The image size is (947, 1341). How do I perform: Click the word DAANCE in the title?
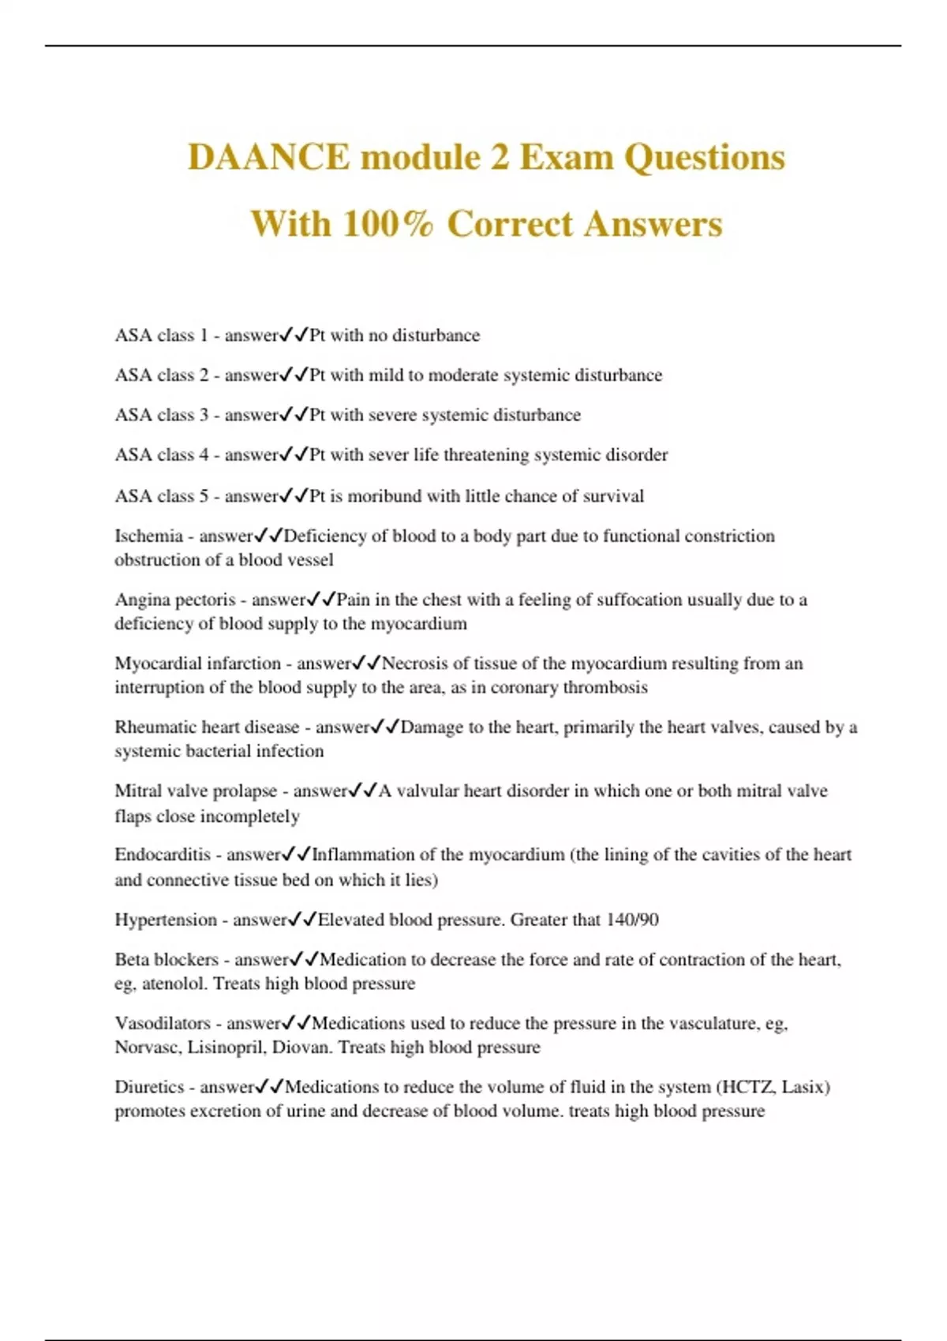[x=269, y=157]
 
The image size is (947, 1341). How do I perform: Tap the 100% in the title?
[x=388, y=224]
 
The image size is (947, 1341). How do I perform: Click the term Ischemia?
[x=148, y=536]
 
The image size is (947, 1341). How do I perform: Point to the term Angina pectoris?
[x=175, y=600]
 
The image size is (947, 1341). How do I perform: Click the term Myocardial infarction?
[x=197, y=663]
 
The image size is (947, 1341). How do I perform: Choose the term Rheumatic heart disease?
[x=207, y=727]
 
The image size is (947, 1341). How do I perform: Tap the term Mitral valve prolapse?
[x=196, y=791]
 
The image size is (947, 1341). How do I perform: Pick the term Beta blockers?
[x=167, y=960]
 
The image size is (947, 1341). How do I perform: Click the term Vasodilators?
[x=163, y=1024]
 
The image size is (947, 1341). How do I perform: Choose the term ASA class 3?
[x=162, y=415]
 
